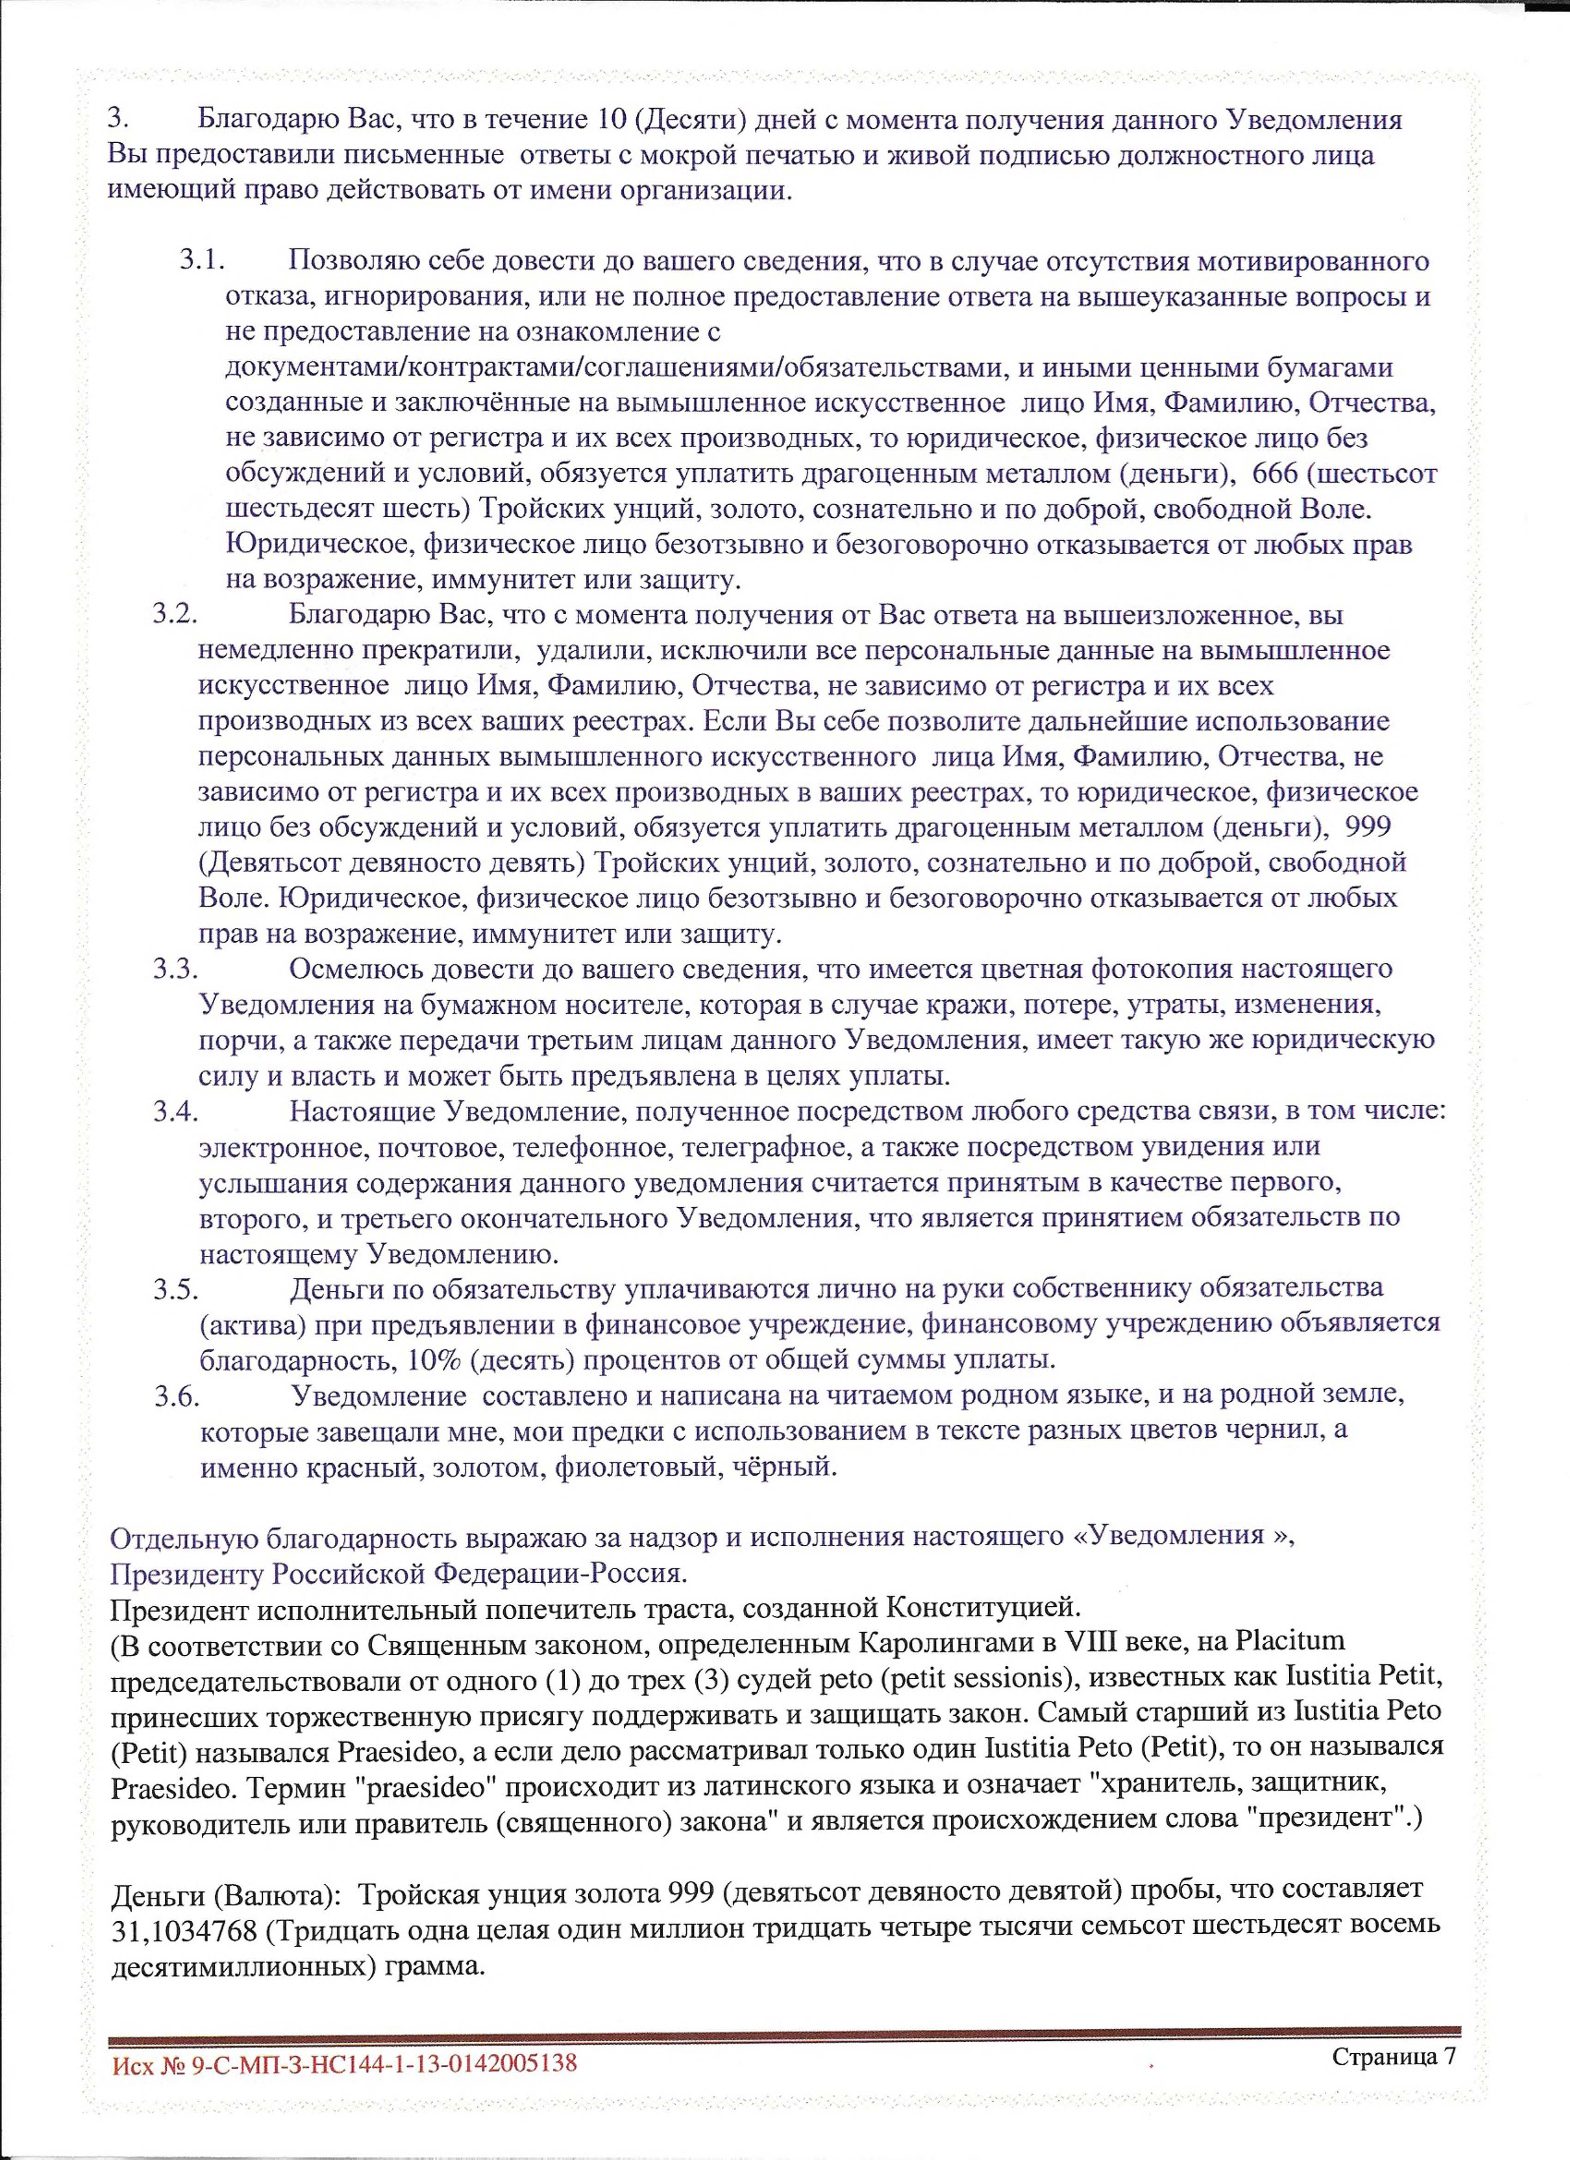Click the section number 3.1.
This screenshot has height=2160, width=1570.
point(200,261)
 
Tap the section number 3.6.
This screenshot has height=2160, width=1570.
point(177,1395)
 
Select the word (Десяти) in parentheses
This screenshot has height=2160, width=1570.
point(678,121)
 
